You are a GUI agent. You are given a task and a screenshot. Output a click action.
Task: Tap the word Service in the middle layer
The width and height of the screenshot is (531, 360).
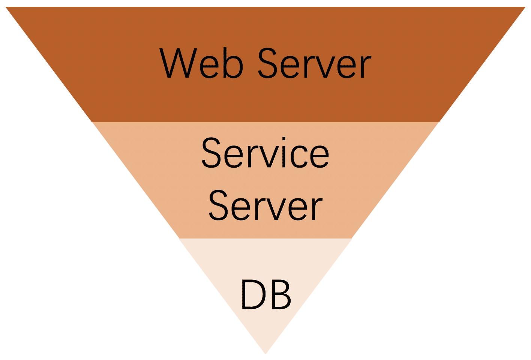[x=265, y=153]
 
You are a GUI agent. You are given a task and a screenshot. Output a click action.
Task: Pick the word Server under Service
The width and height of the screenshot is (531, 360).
[x=265, y=205]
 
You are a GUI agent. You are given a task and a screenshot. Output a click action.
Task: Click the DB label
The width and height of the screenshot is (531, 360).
[x=265, y=294]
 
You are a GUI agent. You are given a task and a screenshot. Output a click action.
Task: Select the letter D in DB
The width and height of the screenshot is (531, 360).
[x=252, y=294]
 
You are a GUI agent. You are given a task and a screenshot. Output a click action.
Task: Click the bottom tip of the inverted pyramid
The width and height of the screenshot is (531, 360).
[x=265, y=353]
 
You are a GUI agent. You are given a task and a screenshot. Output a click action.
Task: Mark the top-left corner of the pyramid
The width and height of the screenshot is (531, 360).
[x=6, y=7]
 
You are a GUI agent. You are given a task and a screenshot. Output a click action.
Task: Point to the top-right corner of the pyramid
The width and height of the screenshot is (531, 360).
[x=525, y=7]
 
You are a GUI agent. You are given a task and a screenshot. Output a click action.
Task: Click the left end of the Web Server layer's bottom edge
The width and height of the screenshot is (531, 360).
[x=92, y=122]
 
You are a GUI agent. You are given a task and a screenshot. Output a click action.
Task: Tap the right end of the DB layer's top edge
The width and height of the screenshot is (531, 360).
[x=352, y=238]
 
